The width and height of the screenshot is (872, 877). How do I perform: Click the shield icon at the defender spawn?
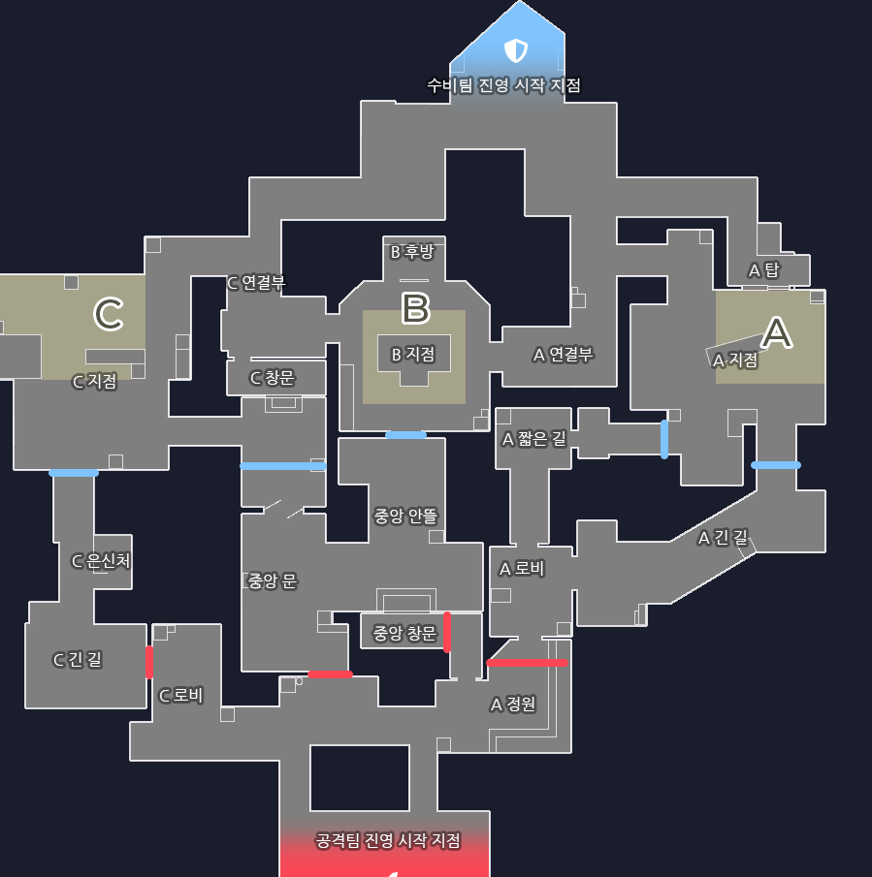click(x=515, y=49)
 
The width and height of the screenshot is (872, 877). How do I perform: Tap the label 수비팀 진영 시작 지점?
click(x=503, y=85)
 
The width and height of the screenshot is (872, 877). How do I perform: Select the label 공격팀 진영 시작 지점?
click(x=388, y=840)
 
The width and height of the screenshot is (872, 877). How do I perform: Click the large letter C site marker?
click(x=108, y=313)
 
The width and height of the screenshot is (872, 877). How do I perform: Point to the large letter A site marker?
click(x=776, y=332)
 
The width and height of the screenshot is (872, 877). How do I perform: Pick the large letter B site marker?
click(x=415, y=308)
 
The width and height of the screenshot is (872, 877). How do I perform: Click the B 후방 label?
click(x=411, y=252)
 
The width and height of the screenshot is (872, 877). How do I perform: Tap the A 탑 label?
click(x=763, y=270)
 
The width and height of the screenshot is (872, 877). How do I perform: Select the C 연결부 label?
click(x=256, y=283)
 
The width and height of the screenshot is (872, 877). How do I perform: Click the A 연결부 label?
click(x=563, y=355)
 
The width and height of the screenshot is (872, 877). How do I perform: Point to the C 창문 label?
click(x=273, y=378)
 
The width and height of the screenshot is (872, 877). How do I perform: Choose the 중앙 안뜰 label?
click(x=405, y=516)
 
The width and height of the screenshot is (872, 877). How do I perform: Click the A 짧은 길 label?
click(x=533, y=439)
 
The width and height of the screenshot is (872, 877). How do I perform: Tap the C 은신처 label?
click(x=101, y=560)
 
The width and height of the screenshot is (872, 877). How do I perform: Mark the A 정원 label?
click(x=513, y=705)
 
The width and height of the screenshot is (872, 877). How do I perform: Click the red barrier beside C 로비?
click(x=148, y=662)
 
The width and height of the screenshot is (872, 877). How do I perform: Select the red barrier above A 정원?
click(x=527, y=663)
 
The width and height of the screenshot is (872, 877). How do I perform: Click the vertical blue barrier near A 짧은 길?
click(x=664, y=439)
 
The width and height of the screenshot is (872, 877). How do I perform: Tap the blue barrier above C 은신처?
click(x=74, y=473)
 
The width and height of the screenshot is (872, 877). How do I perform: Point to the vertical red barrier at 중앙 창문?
click(x=447, y=632)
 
